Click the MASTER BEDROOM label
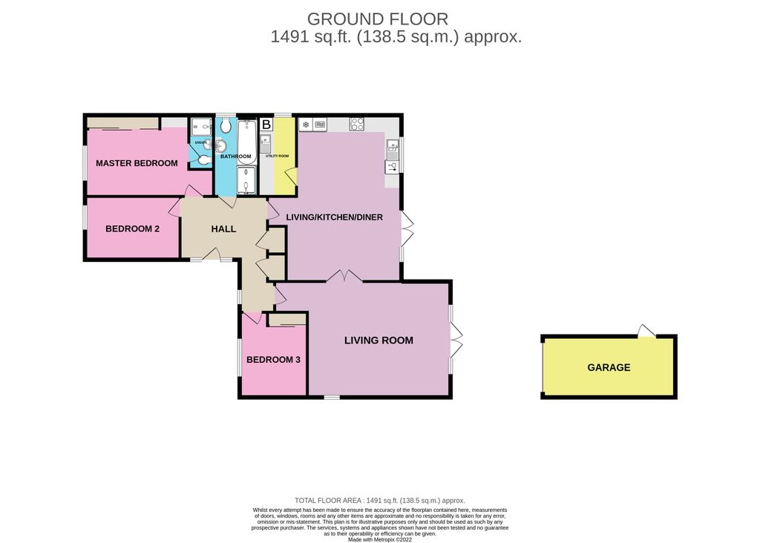pos(137,163)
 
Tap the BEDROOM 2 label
pos(132,229)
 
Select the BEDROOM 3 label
pos(273,360)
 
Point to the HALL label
pos(223,229)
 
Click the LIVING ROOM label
pos(379,340)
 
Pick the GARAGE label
pos(609,367)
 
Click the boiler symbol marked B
pos(266,125)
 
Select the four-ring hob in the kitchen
pos(356,125)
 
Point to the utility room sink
pos(266,143)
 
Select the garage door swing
pos(646,331)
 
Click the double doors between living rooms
pos(344,276)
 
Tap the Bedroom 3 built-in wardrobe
pos(287,319)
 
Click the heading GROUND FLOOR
pos(378,19)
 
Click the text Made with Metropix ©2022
pos(379,540)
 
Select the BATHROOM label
pos(235,157)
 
